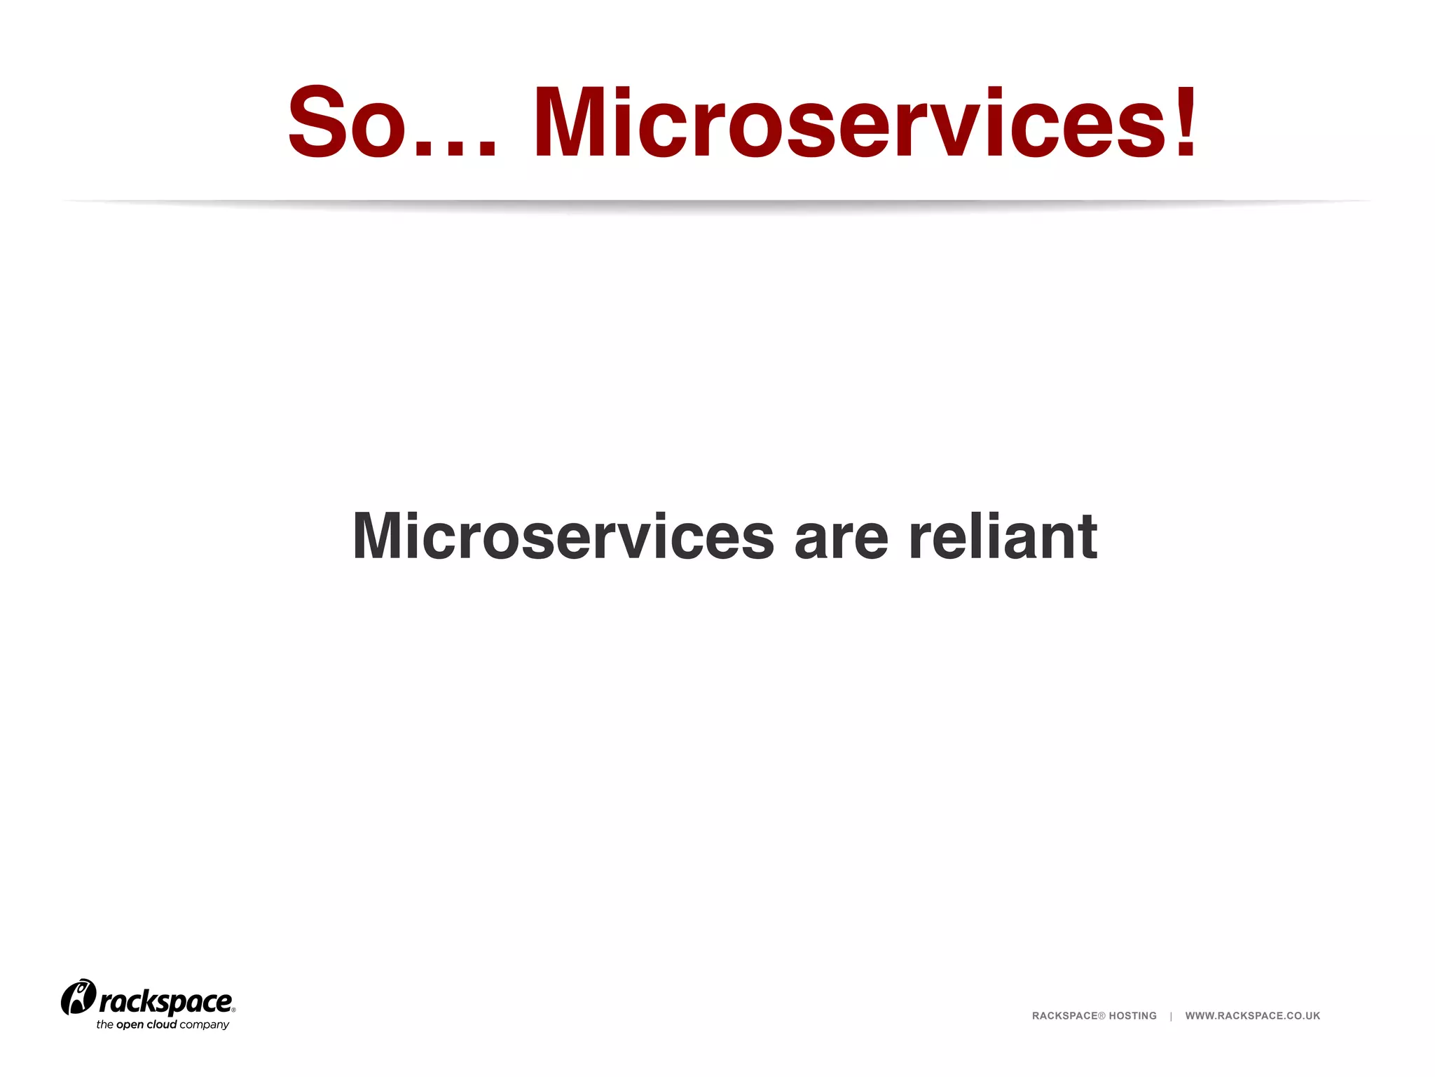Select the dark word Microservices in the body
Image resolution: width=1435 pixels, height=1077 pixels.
[x=563, y=536]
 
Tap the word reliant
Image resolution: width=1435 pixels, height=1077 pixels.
[x=1003, y=536]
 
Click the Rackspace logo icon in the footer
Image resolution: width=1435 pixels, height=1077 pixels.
[x=78, y=997]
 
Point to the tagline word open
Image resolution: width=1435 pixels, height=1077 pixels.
[x=130, y=1025]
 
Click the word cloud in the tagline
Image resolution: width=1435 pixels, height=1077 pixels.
[x=161, y=1024]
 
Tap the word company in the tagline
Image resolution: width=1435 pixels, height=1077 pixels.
[x=204, y=1025]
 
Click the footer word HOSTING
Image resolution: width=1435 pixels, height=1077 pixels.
[x=1132, y=1016]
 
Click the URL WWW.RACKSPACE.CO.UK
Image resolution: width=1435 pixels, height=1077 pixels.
[x=1252, y=1016]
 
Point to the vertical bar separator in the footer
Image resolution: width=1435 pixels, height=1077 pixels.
[x=1171, y=1016]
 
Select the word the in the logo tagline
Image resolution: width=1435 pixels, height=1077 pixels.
[x=104, y=1024]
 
